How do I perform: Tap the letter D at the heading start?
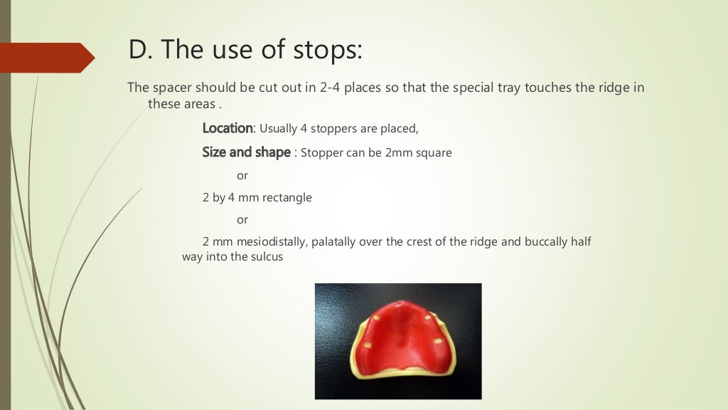click(136, 50)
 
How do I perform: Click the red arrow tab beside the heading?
click(47, 57)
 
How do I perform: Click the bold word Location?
click(227, 129)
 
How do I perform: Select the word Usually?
click(282, 129)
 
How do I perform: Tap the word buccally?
click(545, 242)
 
